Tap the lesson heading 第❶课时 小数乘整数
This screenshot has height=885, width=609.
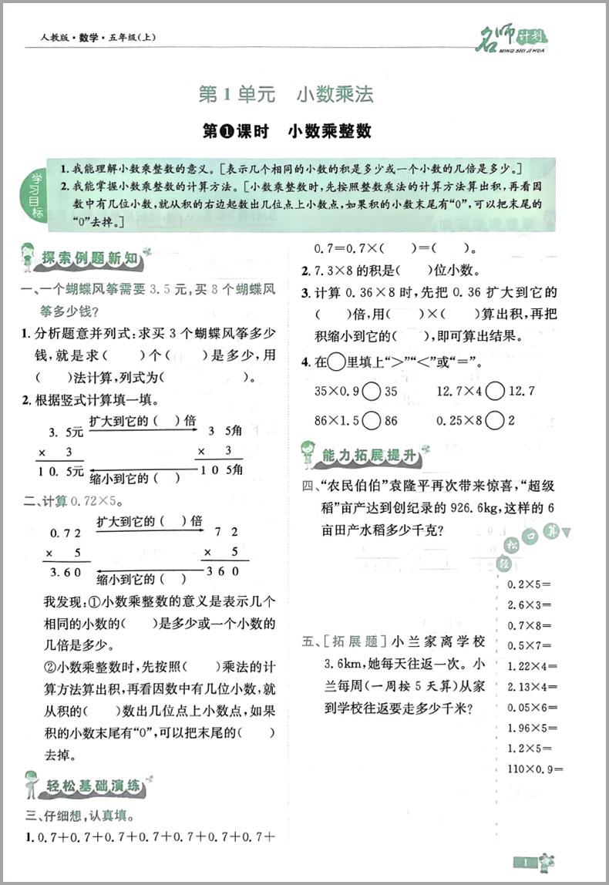click(286, 131)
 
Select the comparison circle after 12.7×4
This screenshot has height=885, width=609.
click(496, 391)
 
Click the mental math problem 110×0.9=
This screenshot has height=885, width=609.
click(536, 768)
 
